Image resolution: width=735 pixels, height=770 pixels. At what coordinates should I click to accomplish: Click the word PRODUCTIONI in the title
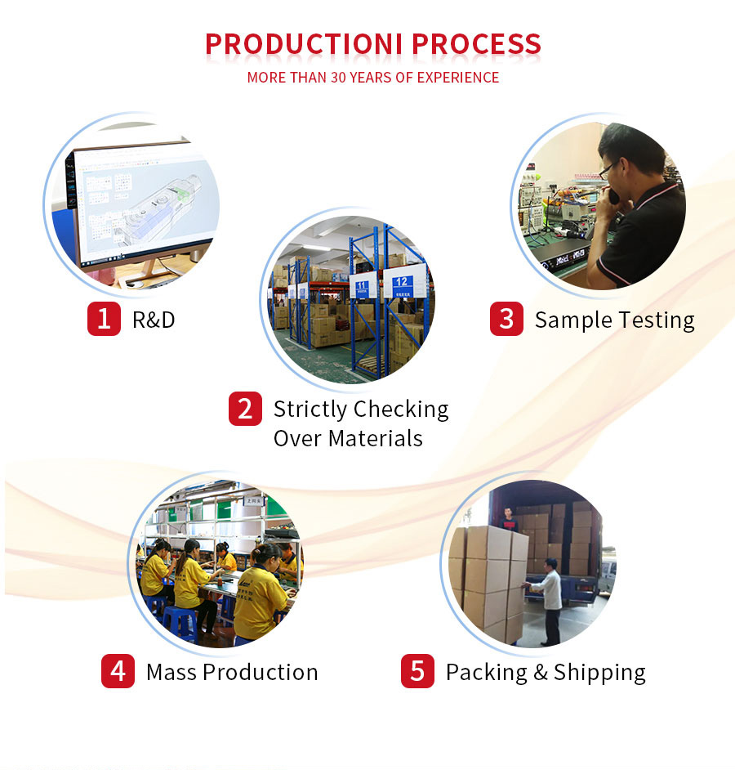coord(305,43)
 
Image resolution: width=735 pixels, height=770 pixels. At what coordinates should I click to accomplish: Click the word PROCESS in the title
coord(476,43)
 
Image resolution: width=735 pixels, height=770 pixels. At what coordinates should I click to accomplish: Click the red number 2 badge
coord(245,409)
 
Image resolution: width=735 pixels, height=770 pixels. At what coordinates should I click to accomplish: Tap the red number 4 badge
coord(118,672)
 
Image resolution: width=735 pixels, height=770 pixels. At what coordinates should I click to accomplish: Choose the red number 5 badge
coord(417,672)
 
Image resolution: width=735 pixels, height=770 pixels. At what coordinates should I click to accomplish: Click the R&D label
coord(154,320)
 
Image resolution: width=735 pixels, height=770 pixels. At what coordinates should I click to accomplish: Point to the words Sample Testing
coord(614,320)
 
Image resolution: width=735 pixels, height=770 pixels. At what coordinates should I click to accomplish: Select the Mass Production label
coord(232,672)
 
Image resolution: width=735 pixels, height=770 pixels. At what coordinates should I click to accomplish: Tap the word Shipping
coord(599,673)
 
